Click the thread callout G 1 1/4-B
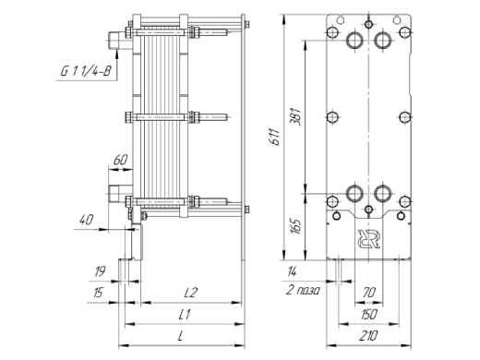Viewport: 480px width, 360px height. (86, 72)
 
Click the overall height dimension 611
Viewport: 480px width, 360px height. (274, 137)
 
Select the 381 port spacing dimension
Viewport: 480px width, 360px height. (295, 116)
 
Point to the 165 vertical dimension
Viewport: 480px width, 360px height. (295, 226)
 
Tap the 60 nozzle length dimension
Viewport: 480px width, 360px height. (120, 161)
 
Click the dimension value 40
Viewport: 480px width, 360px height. (86, 220)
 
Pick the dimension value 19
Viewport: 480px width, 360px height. (100, 271)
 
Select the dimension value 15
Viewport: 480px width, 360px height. (98, 293)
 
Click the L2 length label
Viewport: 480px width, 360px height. (190, 293)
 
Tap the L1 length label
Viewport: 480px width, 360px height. (185, 315)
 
